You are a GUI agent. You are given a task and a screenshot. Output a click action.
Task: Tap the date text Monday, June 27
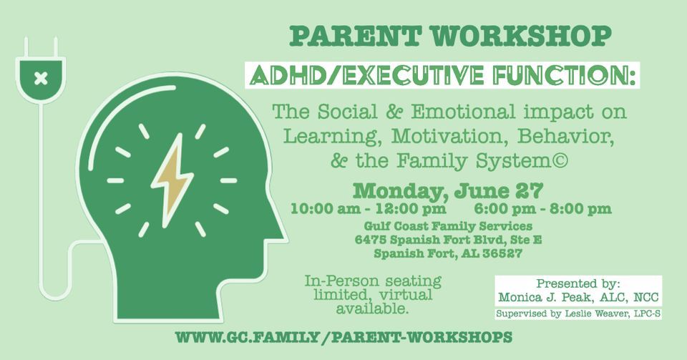point(448,191)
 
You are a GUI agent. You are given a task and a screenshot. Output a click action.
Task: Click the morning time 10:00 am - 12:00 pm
point(368,209)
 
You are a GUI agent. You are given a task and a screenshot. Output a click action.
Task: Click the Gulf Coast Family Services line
point(448,227)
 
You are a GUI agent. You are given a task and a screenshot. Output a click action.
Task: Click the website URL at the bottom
point(343,337)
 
